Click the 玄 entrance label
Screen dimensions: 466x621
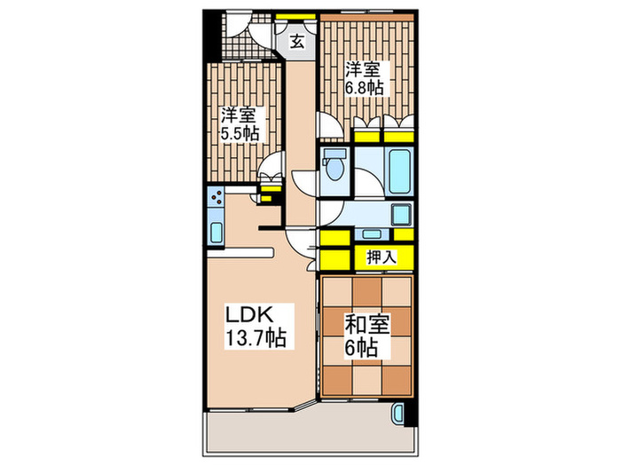297,39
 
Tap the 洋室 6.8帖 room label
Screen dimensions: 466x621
365,77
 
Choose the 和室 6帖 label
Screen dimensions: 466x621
365,335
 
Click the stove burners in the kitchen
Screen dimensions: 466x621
216,197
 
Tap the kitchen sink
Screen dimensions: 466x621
216,232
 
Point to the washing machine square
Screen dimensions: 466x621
400,214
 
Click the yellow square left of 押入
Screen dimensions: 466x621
334,258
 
